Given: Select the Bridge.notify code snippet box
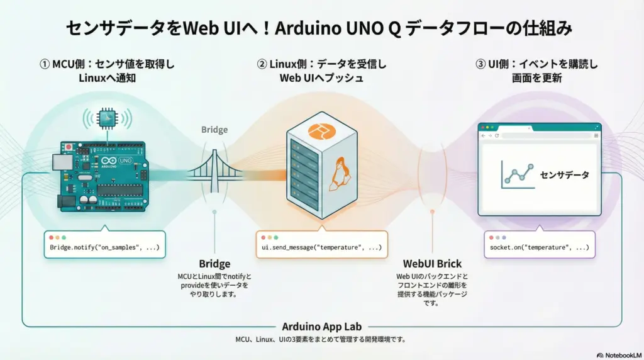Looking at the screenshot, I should click(105, 245).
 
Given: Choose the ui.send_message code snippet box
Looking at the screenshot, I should click(321, 245).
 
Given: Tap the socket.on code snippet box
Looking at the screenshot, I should click(539, 245).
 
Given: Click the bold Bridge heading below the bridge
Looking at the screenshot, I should click(214, 264).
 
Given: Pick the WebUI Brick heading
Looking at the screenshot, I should click(432, 264).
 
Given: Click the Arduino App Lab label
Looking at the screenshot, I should click(321, 327).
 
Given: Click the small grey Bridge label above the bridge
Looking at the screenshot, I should click(214, 130).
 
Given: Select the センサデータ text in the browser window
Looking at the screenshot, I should click(565, 175).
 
